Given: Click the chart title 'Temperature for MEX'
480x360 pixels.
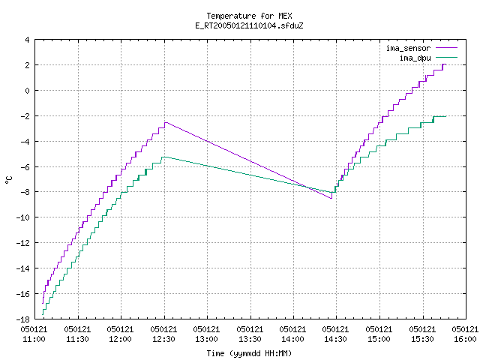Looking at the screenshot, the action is pyautogui.click(x=249, y=16).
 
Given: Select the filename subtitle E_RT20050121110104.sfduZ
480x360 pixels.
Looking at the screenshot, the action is pyautogui.click(x=249, y=25).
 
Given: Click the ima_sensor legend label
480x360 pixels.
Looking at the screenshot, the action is pyautogui.click(x=408, y=48).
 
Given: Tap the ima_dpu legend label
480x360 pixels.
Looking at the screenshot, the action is pyautogui.click(x=415, y=58).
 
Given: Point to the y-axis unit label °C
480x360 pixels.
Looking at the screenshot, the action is pyautogui.click(x=8, y=180).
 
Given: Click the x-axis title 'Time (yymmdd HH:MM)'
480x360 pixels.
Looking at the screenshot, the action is pyautogui.click(x=249, y=353).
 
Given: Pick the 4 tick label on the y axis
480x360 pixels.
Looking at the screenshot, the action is pyautogui.click(x=27, y=40).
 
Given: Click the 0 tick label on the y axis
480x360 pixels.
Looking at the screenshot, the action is pyautogui.click(x=27, y=91).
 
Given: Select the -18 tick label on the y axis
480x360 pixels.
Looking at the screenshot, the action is pyautogui.click(x=23, y=319).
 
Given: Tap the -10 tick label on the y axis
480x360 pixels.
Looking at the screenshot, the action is pyautogui.click(x=23, y=217).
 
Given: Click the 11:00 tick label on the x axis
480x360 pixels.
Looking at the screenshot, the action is pyautogui.click(x=34, y=339).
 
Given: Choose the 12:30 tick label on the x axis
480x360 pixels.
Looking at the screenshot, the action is pyautogui.click(x=163, y=339).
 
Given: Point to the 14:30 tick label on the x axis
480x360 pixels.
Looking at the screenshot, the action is pyautogui.click(x=335, y=339).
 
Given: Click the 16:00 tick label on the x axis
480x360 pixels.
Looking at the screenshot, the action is pyautogui.click(x=465, y=339).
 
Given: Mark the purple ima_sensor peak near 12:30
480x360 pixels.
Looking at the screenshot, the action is pyautogui.click(x=166, y=122).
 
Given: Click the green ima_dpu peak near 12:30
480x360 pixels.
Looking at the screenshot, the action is pyautogui.click(x=164, y=157).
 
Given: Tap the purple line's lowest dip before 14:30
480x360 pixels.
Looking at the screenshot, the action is pyautogui.click(x=331, y=198).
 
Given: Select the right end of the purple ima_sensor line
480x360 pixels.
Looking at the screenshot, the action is pyautogui.click(x=446, y=64).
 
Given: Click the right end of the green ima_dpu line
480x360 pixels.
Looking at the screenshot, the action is pyautogui.click(x=446, y=116).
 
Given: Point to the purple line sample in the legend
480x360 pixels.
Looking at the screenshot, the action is pyautogui.click(x=447, y=48).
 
